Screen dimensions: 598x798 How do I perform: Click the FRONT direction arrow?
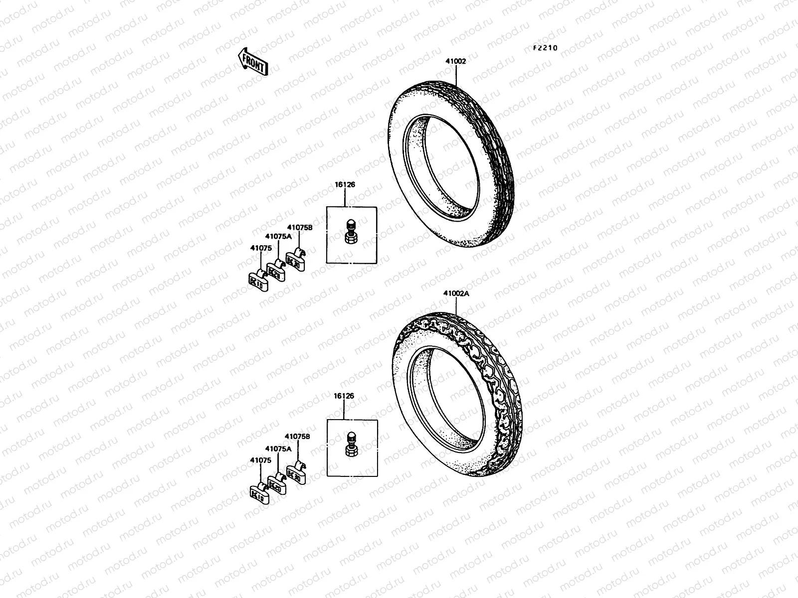(253, 61)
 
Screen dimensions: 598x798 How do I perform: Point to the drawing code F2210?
(545, 48)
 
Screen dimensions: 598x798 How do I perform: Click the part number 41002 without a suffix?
(456, 61)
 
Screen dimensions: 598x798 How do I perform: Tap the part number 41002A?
(456, 294)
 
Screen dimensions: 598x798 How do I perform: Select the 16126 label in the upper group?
(345, 184)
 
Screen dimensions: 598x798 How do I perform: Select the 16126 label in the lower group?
(344, 396)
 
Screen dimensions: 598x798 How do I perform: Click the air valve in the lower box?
(351, 443)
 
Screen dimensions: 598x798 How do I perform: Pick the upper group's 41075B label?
(299, 227)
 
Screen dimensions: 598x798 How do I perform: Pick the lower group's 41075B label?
(297, 436)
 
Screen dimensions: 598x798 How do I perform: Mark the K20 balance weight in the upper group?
(276, 271)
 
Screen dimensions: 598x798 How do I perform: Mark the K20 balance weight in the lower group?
(277, 484)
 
